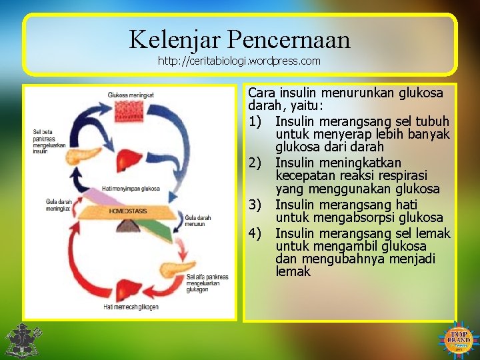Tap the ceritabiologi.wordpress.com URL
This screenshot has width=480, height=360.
239,61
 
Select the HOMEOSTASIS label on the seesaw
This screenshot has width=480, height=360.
128,211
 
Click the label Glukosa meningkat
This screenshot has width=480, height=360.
131,95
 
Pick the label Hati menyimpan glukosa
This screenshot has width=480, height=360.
131,188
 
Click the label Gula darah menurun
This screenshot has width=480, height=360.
198,221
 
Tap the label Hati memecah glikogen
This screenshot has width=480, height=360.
131,306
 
